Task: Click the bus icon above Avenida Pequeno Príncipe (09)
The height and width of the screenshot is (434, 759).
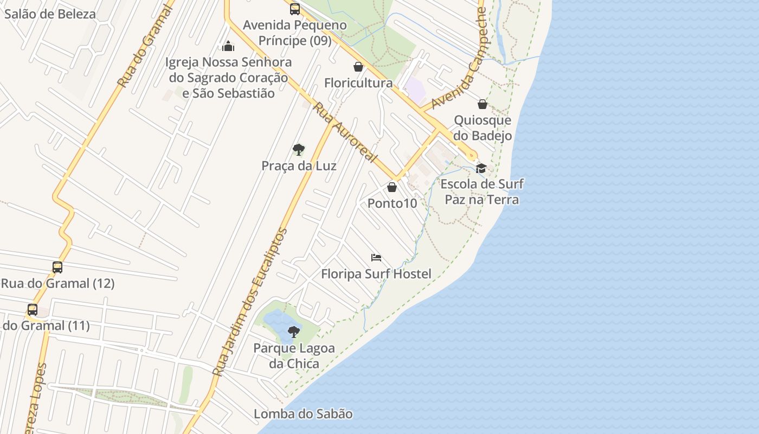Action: (295, 9)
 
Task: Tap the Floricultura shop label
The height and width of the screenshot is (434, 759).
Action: (358, 83)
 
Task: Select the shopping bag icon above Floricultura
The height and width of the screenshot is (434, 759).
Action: (358, 67)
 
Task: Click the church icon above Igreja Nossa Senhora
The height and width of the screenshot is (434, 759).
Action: (228, 46)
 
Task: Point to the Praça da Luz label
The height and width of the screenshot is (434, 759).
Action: (299, 166)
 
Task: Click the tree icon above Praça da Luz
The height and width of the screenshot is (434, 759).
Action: (298, 150)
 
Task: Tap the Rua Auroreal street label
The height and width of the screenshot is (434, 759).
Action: (345, 132)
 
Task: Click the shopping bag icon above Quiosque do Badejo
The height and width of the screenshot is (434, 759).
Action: (483, 104)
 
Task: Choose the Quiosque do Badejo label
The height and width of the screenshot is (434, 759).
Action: (483, 128)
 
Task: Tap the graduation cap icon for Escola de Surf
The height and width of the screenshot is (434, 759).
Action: (481, 168)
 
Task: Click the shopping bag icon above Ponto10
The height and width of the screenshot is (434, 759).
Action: (392, 187)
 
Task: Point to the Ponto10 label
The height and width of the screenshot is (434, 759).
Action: (392, 203)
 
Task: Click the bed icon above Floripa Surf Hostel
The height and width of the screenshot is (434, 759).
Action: (376, 257)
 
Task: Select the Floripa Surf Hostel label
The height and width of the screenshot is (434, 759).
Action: (376, 274)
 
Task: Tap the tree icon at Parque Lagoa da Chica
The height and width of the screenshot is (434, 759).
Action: (294, 331)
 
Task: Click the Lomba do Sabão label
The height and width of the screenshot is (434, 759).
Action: (303, 414)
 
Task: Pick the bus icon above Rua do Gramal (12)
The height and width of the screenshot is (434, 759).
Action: (57, 267)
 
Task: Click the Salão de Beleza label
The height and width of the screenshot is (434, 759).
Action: (50, 14)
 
